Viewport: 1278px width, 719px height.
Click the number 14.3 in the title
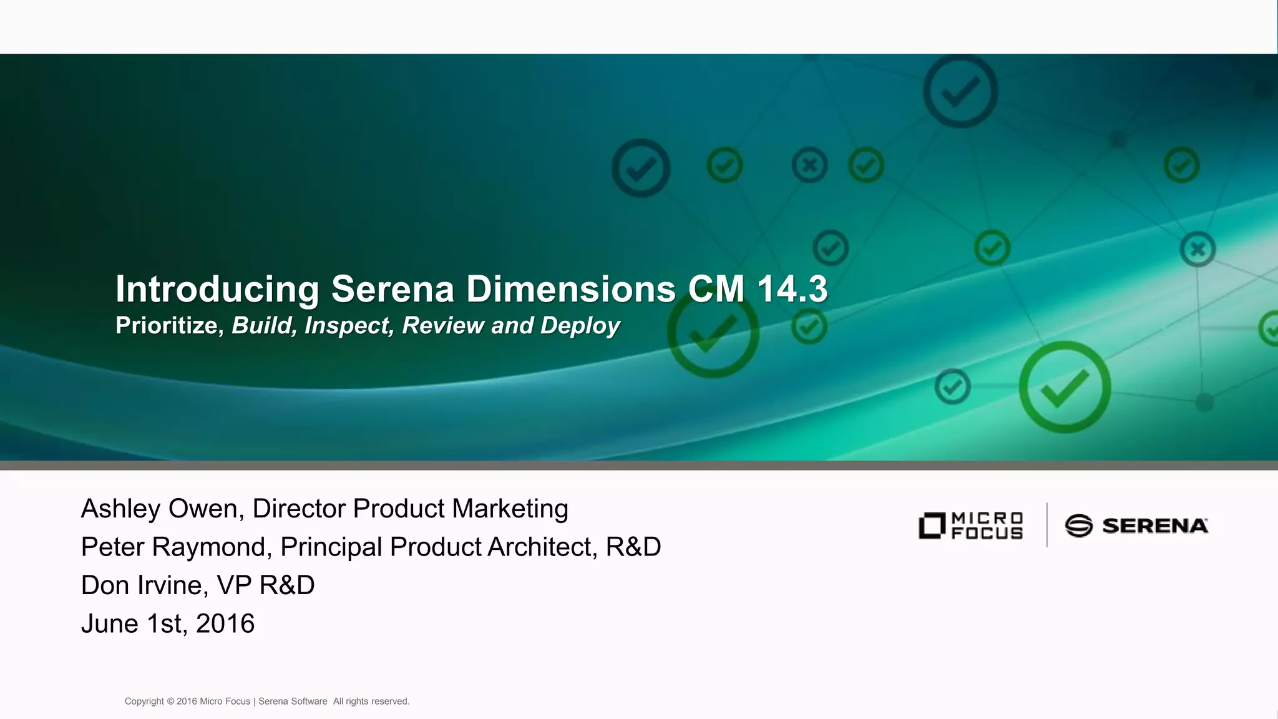pos(792,290)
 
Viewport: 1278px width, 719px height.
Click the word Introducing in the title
pos(217,290)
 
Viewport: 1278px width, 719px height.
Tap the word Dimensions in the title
pos(570,290)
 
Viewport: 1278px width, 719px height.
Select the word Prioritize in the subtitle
pos(169,326)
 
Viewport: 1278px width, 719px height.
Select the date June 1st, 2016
pos(168,624)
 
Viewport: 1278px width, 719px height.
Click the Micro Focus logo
pos(971,526)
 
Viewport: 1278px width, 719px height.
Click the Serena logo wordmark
pos(1154,526)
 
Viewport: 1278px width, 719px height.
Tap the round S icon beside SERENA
pos(1079,526)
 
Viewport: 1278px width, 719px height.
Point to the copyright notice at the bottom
pos(267,702)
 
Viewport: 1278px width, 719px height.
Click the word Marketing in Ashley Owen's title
pos(510,509)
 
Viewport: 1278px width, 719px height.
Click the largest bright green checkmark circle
pos(1065,387)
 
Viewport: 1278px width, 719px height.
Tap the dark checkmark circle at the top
pos(960,91)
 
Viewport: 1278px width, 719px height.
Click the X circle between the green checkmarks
pos(809,165)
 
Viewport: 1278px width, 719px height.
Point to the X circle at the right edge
pos(1198,249)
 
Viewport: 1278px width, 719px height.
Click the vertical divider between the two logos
pos(1046,525)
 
